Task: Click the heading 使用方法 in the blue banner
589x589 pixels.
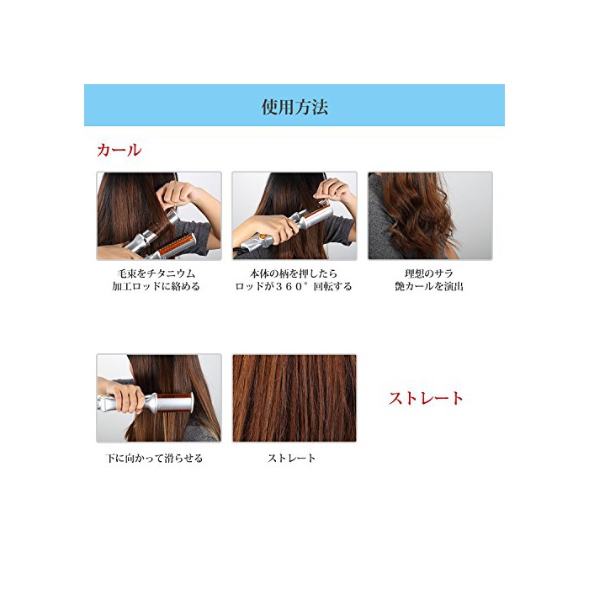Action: tap(294, 107)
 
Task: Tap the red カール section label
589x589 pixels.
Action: tap(119, 151)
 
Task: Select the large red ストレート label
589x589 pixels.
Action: tap(426, 398)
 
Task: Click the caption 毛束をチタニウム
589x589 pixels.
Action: tap(156, 273)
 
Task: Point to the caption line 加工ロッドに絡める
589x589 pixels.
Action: tap(156, 287)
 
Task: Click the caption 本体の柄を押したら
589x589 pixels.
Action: tap(294, 273)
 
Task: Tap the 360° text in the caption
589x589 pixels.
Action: tap(291, 287)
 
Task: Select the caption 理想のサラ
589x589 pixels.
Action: tap(429, 273)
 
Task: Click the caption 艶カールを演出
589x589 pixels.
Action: tap(429, 287)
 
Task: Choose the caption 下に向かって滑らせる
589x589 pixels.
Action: tap(154, 459)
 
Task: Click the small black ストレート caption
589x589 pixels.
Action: tap(291, 459)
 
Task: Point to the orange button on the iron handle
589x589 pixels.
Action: tap(264, 236)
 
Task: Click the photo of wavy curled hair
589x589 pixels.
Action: tap(430, 215)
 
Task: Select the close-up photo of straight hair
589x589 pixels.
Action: tap(294, 398)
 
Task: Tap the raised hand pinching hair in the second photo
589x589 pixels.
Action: tap(332, 190)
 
